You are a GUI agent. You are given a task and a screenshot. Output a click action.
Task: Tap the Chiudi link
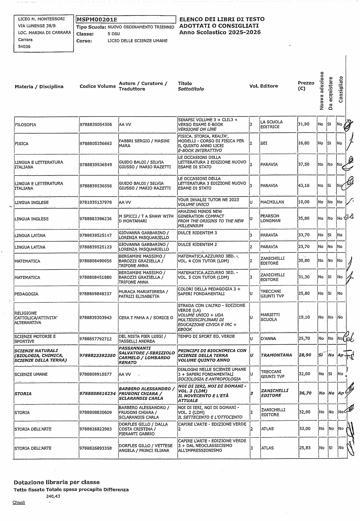coord(19,502)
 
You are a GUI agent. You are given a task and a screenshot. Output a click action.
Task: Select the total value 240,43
coord(53,496)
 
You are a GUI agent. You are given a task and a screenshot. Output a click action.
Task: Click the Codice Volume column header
coord(98,86)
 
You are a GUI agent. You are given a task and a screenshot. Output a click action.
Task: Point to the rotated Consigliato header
coord(341,90)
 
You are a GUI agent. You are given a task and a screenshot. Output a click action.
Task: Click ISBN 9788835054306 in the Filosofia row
coord(96,124)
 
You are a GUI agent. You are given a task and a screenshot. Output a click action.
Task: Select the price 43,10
coord(304,186)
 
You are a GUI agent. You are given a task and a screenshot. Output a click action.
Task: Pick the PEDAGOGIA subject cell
coord(26,294)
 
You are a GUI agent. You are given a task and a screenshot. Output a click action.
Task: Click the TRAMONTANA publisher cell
coord(276,355)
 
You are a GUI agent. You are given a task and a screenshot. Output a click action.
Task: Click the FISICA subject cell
coord(22,144)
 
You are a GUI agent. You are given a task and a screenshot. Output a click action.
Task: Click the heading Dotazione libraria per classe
coord(56,482)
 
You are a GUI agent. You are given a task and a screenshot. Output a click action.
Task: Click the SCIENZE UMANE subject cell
coord(31,374)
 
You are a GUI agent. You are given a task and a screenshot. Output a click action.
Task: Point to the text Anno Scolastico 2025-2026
coord(220,32)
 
